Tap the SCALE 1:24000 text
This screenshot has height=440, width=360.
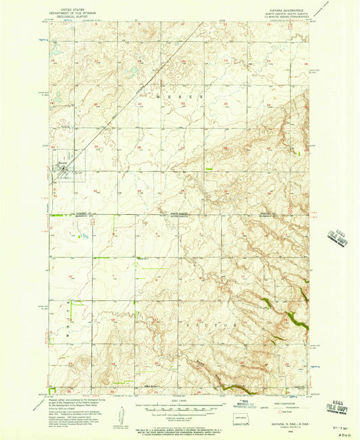point(179,404)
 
